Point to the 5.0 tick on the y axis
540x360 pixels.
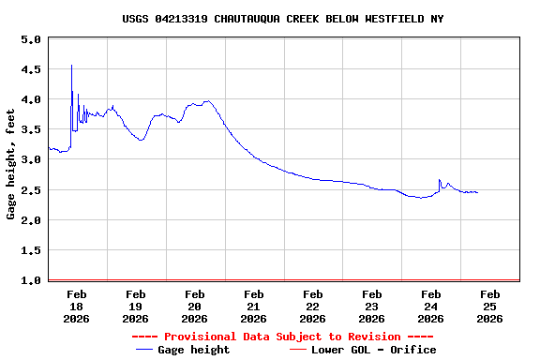pyautogui.click(x=30, y=40)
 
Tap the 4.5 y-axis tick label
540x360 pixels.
pyautogui.click(x=30, y=70)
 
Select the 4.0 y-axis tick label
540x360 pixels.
pyautogui.click(x=30, y=100)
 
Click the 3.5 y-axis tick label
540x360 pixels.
pyautogui.click(x=30, y=130)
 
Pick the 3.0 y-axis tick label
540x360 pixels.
pyautogui.click(x=30, y=160)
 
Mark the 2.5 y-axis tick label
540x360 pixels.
pyautogui.click(x=30, y=190)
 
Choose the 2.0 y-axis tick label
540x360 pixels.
pyautogui.click(x=30, y=220)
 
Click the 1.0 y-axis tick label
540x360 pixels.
pyautogui.click(x=30, y=280)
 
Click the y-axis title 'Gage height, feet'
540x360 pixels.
pyautogui.click(x=11, y=164)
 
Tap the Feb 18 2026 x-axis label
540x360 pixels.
pyautogui.click(x=77, y=306)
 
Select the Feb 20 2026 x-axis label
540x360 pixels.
pyautogui.click(x=194, y=306)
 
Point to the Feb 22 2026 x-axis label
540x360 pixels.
pyautogui.click(x=312, y=306)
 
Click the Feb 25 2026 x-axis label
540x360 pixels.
pyautogui.click(x=489, y=306)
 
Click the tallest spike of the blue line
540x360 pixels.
pyautogui.click(x=71, y=66)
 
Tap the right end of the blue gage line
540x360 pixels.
pyautogui.click(x=477, y=192)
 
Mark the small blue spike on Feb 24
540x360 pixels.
pyautogui.click(x=440, y=180)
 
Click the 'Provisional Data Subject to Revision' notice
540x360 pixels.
pyautogui.click(x=282, y=337)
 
